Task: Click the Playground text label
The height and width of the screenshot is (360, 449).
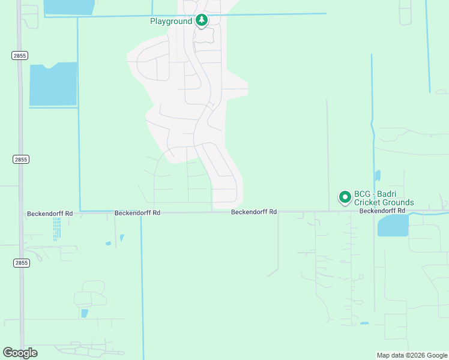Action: coord(171,21)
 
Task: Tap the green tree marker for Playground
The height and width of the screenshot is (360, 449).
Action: coord(202,21)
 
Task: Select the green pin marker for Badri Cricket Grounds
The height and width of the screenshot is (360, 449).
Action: coord(345,197)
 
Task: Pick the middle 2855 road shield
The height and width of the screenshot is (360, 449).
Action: coord(20,160)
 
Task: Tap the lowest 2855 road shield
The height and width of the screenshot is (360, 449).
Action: coord(20,263)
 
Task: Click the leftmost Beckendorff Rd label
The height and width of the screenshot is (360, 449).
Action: coord(50,214)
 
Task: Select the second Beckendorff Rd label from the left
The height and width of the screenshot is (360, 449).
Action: coord(137,213)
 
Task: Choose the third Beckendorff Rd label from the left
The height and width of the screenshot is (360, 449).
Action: coord(254,212)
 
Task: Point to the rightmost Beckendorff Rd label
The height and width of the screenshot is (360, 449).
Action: coord(382,211)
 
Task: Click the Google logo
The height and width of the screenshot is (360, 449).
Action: coord(20,353)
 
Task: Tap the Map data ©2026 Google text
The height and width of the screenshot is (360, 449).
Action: coord(411,355)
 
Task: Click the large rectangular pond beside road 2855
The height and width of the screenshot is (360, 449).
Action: coord(53,84)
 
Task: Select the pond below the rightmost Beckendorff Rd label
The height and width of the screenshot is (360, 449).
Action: coord(393,226)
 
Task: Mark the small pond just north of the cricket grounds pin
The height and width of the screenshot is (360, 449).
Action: coord(377,176)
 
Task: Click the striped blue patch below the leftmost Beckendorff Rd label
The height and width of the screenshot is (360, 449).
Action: coord(56,228)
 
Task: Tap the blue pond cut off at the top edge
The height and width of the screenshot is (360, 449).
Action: coord(69,7)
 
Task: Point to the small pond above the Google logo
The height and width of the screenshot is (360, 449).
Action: coord(84,313)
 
